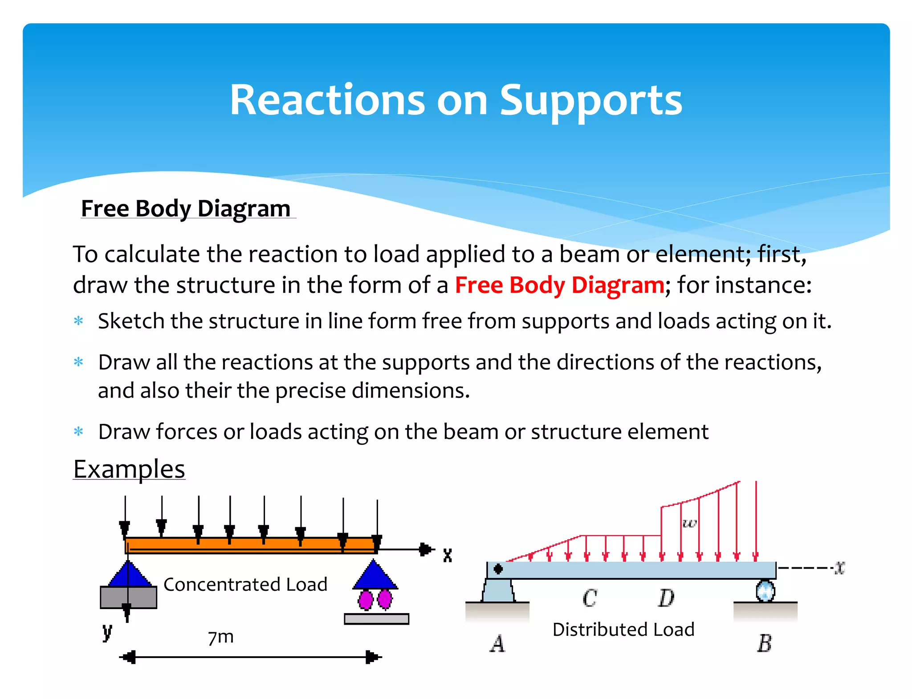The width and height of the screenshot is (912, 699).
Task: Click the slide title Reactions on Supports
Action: [456, 101]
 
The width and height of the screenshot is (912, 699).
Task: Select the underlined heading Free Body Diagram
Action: [186, 208]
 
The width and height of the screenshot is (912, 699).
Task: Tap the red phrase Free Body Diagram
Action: [559, 285]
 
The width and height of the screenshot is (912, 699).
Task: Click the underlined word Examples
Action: [129, 469]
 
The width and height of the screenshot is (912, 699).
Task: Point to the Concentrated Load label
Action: [245, 585]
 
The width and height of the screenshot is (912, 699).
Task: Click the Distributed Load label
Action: [623, 630]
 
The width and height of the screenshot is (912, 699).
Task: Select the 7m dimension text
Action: [221, 637]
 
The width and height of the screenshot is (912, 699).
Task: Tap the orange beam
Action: [249, 544]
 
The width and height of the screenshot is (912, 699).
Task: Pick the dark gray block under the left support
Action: [128, 597]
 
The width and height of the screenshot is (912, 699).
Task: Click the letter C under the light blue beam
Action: [590, 598]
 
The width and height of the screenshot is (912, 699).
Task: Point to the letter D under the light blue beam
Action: [666, 598]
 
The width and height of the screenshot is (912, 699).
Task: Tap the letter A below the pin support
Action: [497, 643]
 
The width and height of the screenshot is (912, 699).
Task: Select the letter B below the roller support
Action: [764, 643]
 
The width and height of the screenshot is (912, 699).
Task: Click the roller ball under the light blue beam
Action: [765, 591]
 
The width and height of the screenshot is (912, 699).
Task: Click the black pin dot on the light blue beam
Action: [498, 569]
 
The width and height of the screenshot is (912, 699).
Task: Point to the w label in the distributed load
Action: [689, 523]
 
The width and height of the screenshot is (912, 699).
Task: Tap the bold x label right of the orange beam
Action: [448, 555]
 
